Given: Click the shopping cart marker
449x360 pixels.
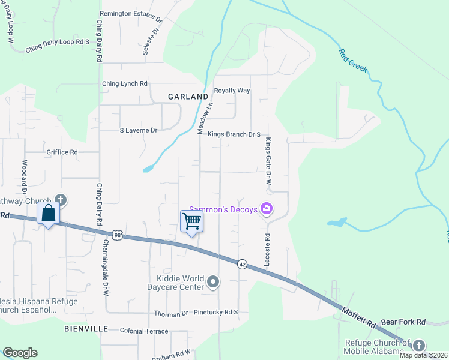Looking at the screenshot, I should (x=192, y=221).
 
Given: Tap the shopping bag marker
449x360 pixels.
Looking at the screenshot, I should (x=48, y=214).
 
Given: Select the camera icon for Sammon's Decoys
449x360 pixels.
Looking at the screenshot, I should (x=267, y=209).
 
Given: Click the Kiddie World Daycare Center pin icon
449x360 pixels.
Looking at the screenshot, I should (x=213, y=281).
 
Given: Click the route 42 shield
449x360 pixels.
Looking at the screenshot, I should (x=242, y=264).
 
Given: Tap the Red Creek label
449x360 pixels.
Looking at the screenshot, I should (x=352, y=61).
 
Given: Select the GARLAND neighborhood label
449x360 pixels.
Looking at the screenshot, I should (x=188, y=96).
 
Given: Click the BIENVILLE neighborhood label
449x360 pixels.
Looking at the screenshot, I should (x=86, y=329).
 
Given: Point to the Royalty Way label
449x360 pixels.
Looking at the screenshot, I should (x=232, y=91).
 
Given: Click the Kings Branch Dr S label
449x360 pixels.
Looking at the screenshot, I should (x=234, y=135).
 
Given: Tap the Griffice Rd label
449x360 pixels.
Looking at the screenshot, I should (x=62, y=152).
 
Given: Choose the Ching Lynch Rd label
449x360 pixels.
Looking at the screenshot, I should (x=124, y=84).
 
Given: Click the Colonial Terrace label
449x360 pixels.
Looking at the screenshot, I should (x=144, y=331).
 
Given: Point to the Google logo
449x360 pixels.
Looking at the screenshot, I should (x=20, y=353).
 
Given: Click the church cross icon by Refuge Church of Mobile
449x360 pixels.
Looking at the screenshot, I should (x=418, y=345).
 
